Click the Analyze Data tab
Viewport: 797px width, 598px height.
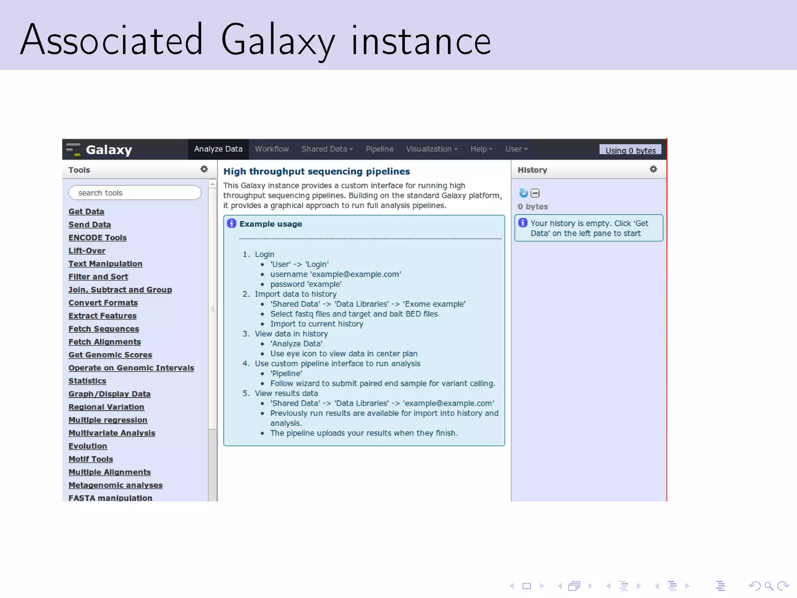[218, 149]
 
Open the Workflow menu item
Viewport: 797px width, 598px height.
[272, 149]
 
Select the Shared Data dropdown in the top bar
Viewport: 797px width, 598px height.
[327, 149]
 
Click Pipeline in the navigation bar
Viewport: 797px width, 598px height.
[379, 149]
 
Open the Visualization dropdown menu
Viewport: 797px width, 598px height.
[432, 149]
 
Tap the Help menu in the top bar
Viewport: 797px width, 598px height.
[481, 149]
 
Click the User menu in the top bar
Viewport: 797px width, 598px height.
[516, 149]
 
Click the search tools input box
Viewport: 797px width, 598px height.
[135, 193]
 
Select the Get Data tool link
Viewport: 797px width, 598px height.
[86, 211]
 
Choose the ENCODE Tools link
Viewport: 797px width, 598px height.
[97, 237]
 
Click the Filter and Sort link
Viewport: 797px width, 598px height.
[98, 277]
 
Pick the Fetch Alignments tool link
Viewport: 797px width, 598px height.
[104, 342]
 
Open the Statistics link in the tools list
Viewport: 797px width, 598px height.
[87, 381]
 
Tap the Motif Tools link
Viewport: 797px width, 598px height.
[91, 459]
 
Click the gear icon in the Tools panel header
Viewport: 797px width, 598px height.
[204, 169]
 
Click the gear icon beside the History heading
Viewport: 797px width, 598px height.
[653, 169]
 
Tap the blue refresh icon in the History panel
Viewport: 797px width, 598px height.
[523, 193]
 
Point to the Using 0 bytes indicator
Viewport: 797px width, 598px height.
[630, 151]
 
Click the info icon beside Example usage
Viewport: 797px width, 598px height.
[232, 223]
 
